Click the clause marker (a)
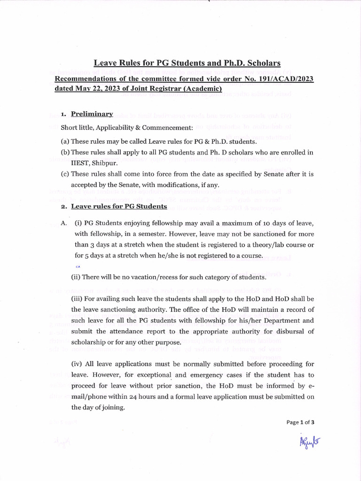[65, 141]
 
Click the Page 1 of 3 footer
[300, 422]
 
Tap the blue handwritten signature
[309, 442]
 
